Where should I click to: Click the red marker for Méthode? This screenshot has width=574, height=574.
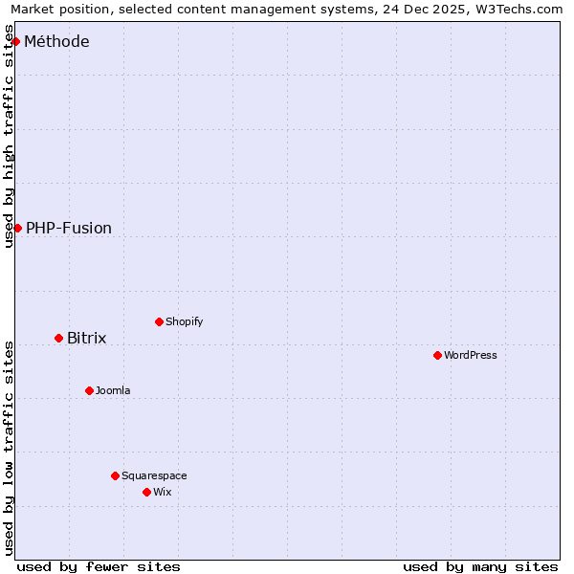[15, 41]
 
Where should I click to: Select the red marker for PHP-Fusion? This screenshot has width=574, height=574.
[17, 228]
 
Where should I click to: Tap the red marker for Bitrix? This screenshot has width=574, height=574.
[58, 338]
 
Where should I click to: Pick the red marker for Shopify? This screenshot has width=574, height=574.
[159, 321]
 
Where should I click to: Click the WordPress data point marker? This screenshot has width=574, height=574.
[437, 355]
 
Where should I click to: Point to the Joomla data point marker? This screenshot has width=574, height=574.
[89, 390]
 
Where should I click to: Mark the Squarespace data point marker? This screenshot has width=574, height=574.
[115, 475]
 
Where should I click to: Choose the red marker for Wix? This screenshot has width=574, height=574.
[146, 492]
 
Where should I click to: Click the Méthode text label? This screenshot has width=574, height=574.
[56, 41]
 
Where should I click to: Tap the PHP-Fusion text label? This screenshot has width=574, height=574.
[69, 228]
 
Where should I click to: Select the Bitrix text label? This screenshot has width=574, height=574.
[86, 338]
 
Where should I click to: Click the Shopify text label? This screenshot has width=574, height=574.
[184, 321]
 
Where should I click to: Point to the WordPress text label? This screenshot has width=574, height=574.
[471, 355]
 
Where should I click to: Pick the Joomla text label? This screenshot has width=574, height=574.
[113, 390]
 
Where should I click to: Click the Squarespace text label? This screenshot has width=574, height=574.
[154, 475]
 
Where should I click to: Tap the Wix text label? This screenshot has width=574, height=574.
[163, 492]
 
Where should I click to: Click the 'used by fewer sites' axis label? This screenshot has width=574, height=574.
[99, 566]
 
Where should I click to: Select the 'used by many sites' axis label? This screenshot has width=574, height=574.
[480, 566]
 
